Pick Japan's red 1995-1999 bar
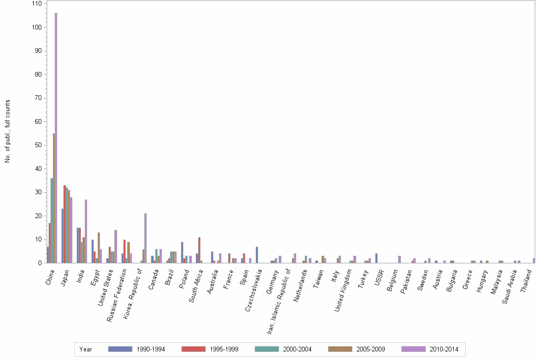coord(65,224)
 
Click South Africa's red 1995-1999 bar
coord(199,250)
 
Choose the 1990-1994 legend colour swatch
coord(120,349)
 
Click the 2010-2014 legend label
coord(443,350)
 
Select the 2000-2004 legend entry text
coord(297,350)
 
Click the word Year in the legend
coord(86,350)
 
